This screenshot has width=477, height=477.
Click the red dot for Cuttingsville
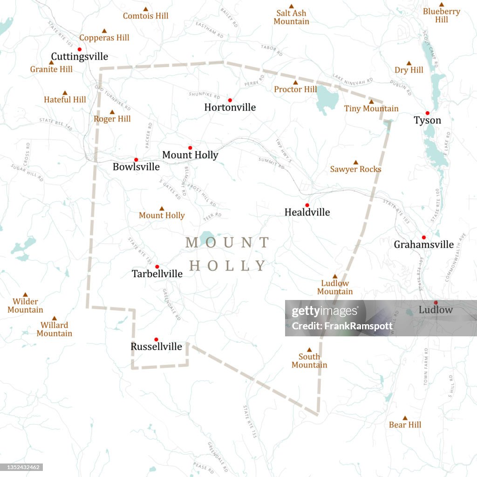[x=80, y=49]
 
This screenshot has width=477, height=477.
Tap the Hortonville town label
[x=230, y=108]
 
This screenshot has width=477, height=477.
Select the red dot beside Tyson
[x=427, y=113]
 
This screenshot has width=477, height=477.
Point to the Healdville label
[x=307, y=212]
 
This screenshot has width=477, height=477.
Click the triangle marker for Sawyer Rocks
[x=355, y=163]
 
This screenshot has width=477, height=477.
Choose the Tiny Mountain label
[x=371, y=109]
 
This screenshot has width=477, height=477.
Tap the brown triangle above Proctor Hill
[x=295, y=82]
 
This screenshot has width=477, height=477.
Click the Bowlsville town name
[x=136, y=167]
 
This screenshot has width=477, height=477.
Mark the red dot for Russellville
[x=156, y=340]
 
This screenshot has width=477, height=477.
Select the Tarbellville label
[x=157, y=274]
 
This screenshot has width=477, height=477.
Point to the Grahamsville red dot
[x=423, y=238]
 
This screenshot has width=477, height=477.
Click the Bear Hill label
[x=405, y=425]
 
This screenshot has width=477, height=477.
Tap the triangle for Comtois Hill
[x=145, y=9]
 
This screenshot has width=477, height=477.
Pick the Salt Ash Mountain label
[x=291, y=17]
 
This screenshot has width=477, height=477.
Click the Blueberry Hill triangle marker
[x=441, y=5]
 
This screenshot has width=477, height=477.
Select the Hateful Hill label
[x=65, y=100]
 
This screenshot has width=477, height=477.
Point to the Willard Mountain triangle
[x=54, y=318]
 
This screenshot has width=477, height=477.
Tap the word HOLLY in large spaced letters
[x=228, y=266]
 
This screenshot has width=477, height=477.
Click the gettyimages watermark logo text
[x=325, y=312]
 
